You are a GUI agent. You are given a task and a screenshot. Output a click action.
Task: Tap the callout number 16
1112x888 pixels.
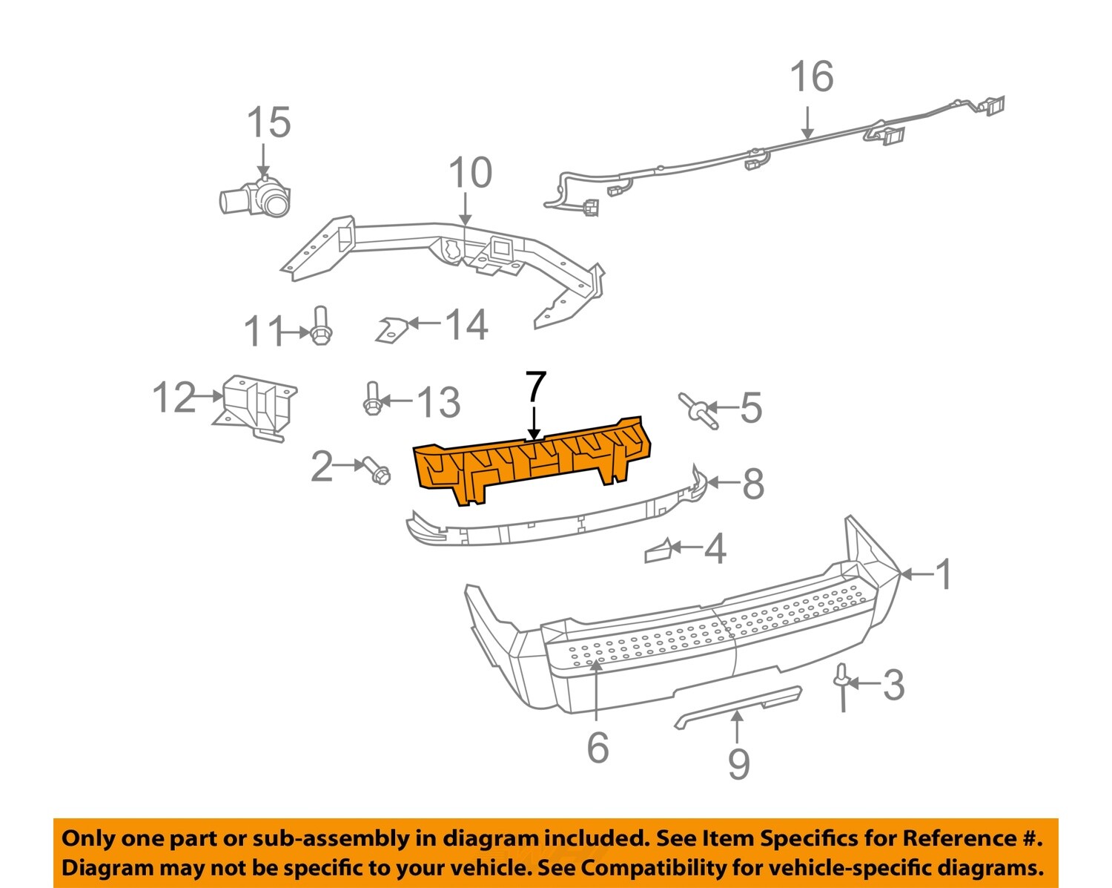click(x=812, y=77)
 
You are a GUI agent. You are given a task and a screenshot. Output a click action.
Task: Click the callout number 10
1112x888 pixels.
click(x=470, y=173)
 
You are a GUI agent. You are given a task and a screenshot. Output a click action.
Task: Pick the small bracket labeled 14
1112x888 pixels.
click(x=391, y=329)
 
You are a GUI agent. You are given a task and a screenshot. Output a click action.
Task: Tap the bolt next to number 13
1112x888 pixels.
click(x=372, y=399)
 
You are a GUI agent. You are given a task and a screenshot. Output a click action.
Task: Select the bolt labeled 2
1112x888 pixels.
click(x=376, y=470)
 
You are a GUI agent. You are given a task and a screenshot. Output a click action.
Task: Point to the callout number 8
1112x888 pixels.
click(x=753, y=484)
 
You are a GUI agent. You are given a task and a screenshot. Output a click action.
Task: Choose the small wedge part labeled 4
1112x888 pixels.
click(x=659, y=550)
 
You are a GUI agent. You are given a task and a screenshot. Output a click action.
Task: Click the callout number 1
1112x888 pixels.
click(x=944, y=574)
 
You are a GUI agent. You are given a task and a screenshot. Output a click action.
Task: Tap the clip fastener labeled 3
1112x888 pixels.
click(x=842, y=683)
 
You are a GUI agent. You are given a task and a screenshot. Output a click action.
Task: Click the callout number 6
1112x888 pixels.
click(x=598, y=747)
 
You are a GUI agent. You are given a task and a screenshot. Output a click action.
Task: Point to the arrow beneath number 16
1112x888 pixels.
click(x=807, y=122)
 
